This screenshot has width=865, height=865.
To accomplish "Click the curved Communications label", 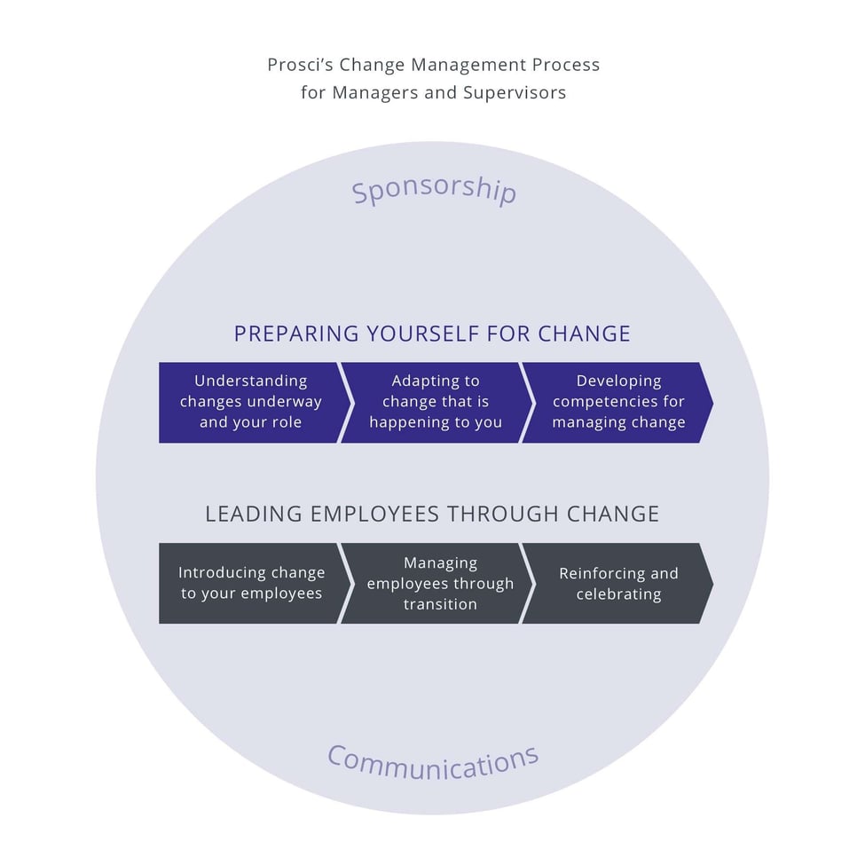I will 433,761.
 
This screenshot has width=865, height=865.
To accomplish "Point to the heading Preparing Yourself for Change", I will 432,334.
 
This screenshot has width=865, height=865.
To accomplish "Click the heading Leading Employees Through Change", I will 432,514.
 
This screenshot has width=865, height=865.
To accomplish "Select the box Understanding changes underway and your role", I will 250,402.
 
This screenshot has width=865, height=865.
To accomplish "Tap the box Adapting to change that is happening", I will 436,402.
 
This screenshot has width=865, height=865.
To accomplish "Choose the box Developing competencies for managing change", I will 618,402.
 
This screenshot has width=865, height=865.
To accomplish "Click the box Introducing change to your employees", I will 250,583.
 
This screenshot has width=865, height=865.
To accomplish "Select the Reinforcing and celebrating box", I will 618,583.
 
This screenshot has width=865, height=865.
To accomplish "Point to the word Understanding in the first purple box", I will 250,381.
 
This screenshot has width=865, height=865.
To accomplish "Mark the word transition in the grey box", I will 440,604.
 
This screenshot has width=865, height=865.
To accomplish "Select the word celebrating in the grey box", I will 618,594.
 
